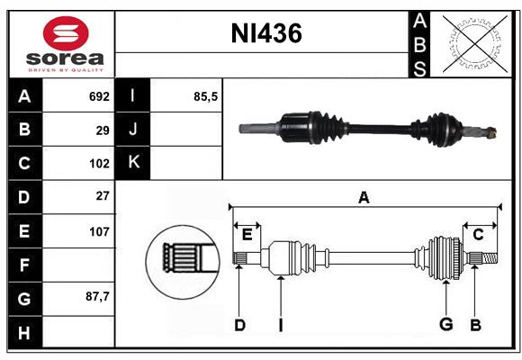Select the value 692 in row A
(x=99, y=96)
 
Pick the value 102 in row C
(x=99, y=164)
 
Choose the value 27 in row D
(x=103, y=196)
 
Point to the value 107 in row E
(x=99, y=230)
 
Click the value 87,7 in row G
(x=97, y=296)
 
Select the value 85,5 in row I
(x=206, y=96)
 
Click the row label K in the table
(x=133, y=163)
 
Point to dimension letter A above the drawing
(x=364, y=198)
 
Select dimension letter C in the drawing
(x=478, y=235)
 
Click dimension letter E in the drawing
(x=247, y=235)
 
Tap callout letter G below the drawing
(x=445, y=325)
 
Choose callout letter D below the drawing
(x=239, y=325)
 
